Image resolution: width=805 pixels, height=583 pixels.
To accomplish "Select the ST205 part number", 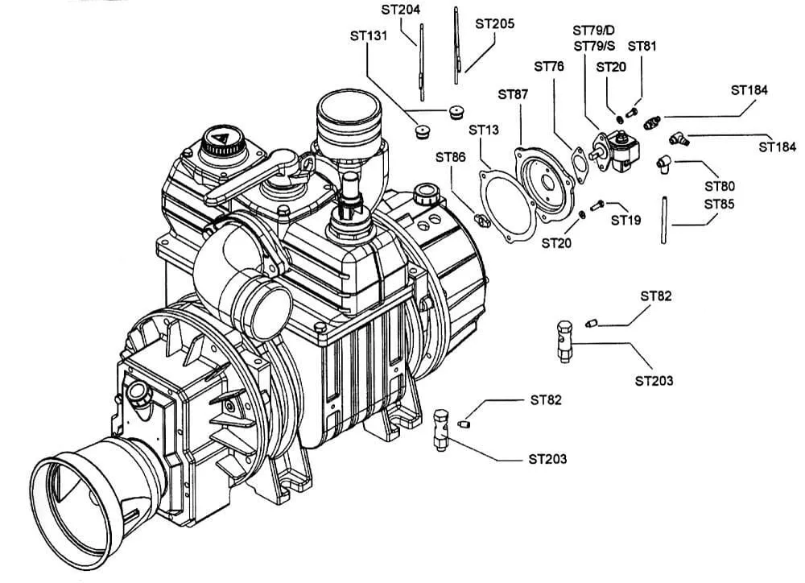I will point(494,24).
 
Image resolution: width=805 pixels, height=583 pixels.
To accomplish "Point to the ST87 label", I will point(514,95).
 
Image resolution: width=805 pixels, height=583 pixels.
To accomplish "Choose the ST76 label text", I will point(550,65).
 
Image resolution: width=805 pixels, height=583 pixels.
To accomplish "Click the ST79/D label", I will point(594,31).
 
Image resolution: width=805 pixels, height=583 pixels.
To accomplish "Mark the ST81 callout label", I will point(642,46).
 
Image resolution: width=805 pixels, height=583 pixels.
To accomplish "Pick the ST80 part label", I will point(720,186).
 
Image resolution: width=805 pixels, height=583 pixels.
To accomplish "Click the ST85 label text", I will point(720,205).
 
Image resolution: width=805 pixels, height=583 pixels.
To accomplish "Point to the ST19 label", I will point(625,219).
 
